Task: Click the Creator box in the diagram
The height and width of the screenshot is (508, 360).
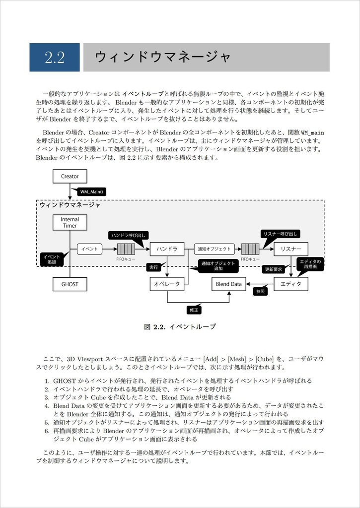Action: click(x=70, y=176)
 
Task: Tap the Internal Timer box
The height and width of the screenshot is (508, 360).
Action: click(x=70, y=222)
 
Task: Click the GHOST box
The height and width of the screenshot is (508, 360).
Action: click(x=70, y=284)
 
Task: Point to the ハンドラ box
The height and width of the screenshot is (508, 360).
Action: click(x=167, y=249)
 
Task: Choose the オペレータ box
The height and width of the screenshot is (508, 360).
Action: click(x=167, y=284)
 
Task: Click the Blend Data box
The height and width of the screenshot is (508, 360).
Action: click(x=229, y=284)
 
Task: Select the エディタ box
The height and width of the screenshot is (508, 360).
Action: click(x=291, y=284)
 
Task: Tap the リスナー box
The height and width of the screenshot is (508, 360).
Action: click(x=291, y=249)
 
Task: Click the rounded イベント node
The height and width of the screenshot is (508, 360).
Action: click(x=90, y=249)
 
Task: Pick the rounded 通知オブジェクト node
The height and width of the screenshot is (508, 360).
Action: click(x=214, y=249)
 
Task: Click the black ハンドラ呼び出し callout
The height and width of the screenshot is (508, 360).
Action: click(x=128, y=235)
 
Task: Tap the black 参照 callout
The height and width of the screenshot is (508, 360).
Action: click(x=260, y=292)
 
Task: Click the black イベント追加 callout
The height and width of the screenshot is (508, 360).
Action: click(x=52, y=259)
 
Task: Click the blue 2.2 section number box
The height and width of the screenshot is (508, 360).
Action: click(x=55, y=57)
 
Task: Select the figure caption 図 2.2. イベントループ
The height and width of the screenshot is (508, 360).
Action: click(x=180, y=327)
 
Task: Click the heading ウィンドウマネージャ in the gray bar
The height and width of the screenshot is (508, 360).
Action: click(x=163, y=57)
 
